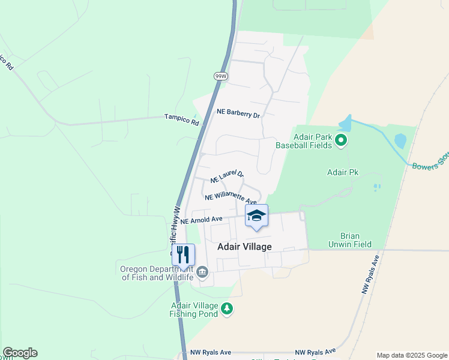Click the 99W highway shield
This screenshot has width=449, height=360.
click(x=220, y=76)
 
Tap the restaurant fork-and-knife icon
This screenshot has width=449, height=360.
click(x=183, y=254)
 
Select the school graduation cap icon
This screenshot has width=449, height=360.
click(x=256, y=215)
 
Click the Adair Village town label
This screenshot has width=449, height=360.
click(x=244, y=247)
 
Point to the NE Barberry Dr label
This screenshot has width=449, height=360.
click(x=238, y=113)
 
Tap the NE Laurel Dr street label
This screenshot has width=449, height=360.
click(x=227, y=176)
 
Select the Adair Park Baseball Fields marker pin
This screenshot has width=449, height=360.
click(x=342, y=141)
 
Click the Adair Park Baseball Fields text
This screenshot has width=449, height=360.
click(x=303, y=141)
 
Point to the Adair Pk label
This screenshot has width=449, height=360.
click(x=342, y=173)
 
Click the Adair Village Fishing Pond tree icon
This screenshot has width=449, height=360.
click(x=227, y=308)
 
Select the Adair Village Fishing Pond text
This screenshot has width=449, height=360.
click(x=193, y=309)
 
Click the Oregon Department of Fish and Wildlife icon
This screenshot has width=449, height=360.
click(x=202, y=272)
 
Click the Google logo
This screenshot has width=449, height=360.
click(x=20, y=353)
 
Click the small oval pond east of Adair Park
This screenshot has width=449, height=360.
click(x=400, y=141)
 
